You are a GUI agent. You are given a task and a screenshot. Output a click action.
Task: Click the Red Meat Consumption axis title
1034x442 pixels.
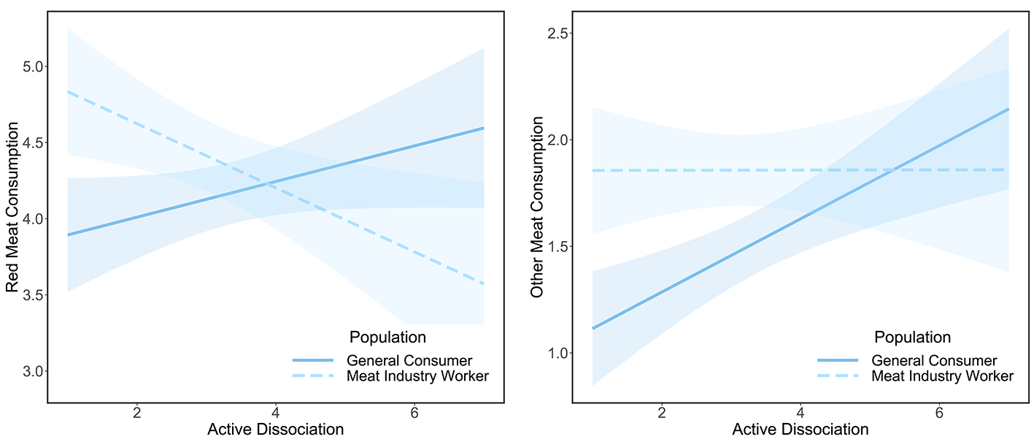(x=12, y=207)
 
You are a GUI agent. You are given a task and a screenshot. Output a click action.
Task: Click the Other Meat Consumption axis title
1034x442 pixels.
(x=537, y=207)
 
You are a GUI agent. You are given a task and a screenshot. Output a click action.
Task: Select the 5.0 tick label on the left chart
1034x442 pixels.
(x=32, y=67)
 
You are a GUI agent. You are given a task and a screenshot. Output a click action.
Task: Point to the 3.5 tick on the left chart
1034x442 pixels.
(x=32, y=295)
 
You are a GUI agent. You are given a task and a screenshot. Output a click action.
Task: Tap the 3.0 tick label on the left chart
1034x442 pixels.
(x=32, y=371)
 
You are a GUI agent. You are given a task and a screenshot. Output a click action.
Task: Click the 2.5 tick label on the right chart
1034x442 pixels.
(x=557, y=34)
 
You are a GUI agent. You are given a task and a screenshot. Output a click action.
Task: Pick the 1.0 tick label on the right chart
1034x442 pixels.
(x=557, y=353)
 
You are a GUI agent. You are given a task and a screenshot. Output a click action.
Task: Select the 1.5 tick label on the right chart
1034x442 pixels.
(x=557, y=246)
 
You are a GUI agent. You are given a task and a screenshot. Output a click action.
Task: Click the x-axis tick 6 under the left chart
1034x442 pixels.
(x=414, y=413)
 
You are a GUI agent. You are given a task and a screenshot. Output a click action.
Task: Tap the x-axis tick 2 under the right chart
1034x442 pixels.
(x=662, y=413)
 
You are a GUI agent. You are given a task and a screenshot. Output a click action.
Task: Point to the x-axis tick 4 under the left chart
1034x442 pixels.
(x=276, y=413)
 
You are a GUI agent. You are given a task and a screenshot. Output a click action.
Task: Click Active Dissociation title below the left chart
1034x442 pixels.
(x=276, y=430)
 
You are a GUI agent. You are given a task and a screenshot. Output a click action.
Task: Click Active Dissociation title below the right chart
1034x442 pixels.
(x=800, y=430)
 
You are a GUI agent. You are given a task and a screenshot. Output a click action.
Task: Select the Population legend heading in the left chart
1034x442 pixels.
(x=387, y=338)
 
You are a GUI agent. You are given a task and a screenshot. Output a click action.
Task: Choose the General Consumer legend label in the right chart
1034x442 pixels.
(x=934, y=361)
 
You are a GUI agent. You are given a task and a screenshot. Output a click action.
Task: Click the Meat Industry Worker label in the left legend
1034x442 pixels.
(x=417, y=376)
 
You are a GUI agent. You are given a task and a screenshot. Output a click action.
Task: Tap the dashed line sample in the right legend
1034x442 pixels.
(x=838, y=376)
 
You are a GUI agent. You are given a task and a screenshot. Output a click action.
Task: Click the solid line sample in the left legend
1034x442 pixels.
(x=312, y=360)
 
